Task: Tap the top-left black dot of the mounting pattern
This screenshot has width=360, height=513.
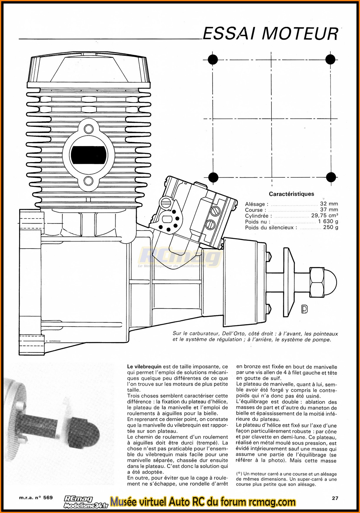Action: pyautogui.click(x=213, y=59)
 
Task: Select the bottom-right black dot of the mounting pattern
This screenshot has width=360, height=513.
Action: pyautogui.click(x=331, y=177)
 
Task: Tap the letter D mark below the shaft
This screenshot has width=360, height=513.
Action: pyautogui.click(x=304, y=309)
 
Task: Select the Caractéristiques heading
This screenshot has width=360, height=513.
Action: pyautogui.click(x=291, y=194)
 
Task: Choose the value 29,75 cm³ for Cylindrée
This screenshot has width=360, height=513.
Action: pyautogui.click(x=324, y=216)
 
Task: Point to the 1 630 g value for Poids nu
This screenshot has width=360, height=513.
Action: pyautogui.click(x=328, y=221)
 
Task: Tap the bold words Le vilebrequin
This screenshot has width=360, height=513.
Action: pyautogui.click(x=144, y=367)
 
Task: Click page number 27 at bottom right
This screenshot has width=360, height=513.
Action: pyautogui.click(x=335, y=498)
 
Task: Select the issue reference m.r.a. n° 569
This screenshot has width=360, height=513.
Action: pyautogui.click(x=36, y=498)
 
